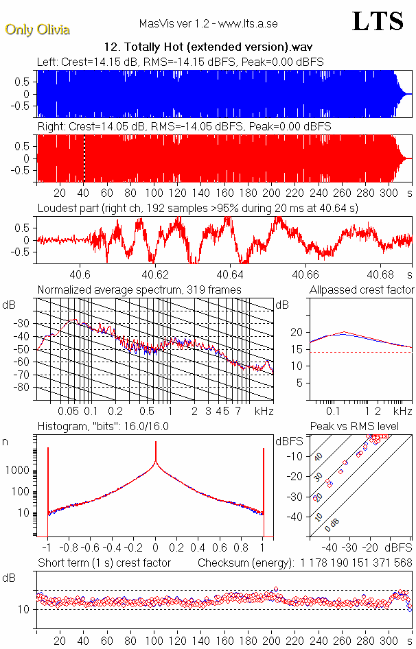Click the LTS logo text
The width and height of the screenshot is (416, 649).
[x=378, y=21]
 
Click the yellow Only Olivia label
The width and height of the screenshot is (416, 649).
[x=37, y=29]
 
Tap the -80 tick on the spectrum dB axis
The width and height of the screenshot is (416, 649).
[x=26, y=387]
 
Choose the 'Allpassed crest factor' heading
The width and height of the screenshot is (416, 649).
[x=362, y=290]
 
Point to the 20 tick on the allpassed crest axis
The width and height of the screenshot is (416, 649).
[x=297, y=332]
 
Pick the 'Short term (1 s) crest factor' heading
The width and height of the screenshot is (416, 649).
[x=104, y=563]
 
